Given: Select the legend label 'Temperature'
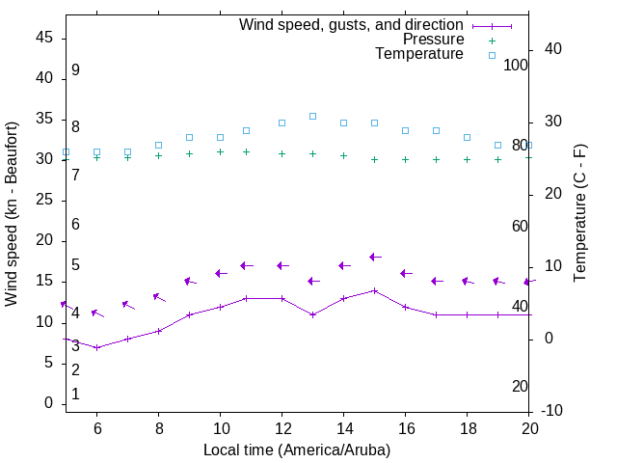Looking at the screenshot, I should point(419,54).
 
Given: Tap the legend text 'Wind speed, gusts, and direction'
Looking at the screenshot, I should point(351,24).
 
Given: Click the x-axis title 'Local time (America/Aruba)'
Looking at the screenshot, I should point(297,449).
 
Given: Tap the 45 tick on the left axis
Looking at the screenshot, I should point(44,37).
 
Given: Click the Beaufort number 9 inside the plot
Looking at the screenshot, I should point(75,70).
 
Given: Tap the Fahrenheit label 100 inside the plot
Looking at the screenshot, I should point(516,66).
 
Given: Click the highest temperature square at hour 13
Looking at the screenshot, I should point(312,116).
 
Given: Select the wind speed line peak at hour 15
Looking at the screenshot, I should point(374,290).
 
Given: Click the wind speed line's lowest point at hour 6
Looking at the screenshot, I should point(96,347).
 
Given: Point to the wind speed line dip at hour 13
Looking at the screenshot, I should point(312,314).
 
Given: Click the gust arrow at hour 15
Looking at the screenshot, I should point(374,257).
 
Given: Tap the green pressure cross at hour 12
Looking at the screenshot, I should point(282,153).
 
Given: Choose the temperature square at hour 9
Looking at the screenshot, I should point(189,137).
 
